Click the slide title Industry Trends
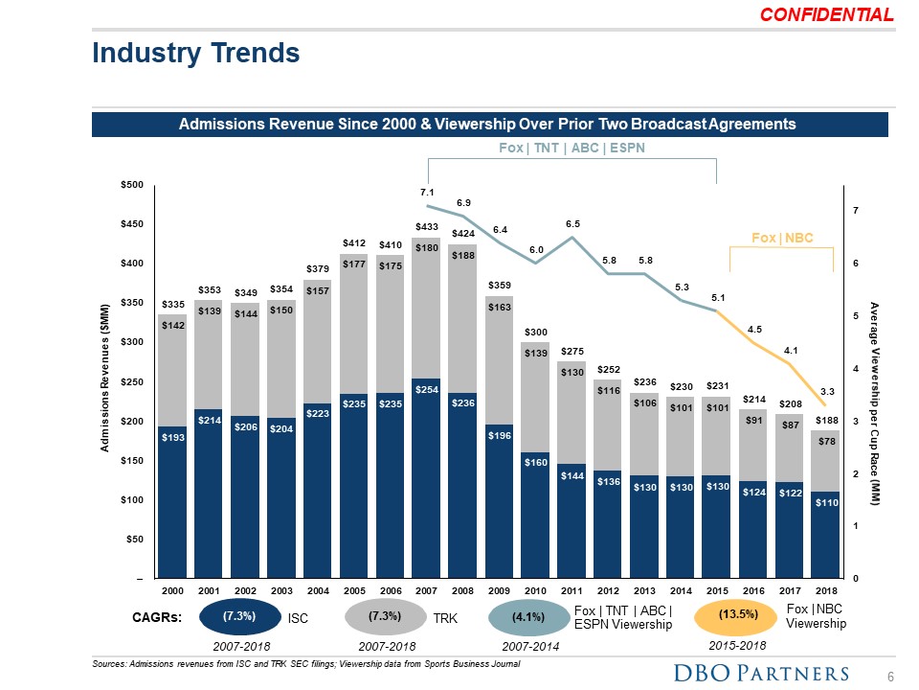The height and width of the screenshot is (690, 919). click(195, 54)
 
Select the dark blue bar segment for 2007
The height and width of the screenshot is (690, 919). click(427, 479)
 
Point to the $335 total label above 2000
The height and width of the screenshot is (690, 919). click(172, 304)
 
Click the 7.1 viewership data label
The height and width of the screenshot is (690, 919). click(427, 193)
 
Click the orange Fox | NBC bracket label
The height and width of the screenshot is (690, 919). click(782, 238)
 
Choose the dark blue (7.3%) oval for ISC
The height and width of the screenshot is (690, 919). click(238, 616)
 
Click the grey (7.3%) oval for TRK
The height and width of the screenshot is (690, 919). click(383, 616)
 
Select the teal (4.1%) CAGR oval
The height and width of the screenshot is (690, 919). click(528, 617)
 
